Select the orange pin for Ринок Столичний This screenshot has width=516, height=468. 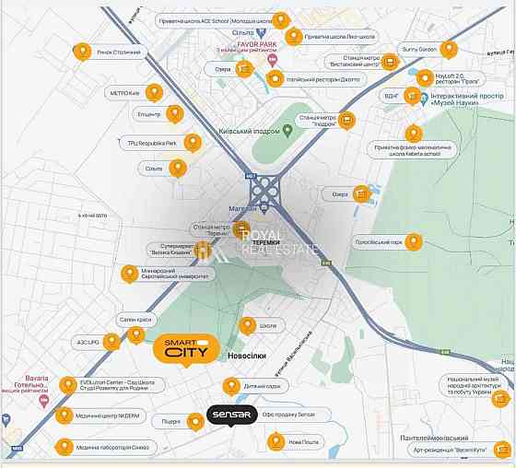click(x=83, y=53)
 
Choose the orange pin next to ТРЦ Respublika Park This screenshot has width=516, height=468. click(x=193, y=142)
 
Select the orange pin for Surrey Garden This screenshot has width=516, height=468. click(x=449, y=49)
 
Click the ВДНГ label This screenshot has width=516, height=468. click(x=393, y=95)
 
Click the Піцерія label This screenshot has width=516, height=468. click(x=171, y=421)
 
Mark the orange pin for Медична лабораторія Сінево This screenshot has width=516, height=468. click(x=64, y=448)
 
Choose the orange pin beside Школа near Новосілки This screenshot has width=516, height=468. click(x=247, y=325)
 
